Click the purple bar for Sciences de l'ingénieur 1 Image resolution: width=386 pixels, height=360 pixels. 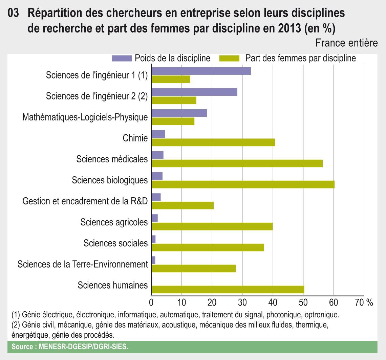201,71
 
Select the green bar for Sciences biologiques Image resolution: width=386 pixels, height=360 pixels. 243,184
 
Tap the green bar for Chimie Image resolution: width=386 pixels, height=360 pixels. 213,142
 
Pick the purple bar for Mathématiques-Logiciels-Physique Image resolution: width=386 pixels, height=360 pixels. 179,113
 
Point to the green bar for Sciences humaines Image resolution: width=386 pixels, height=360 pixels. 228,290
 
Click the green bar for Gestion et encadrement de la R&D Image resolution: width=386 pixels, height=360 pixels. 183,205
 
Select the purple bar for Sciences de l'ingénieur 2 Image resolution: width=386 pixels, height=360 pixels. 194,92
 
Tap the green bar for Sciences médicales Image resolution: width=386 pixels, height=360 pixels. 237,163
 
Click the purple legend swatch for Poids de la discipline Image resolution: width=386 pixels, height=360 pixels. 122,58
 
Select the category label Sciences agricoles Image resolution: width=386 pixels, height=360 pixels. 114,222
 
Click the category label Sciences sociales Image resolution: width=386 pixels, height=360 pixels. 115,243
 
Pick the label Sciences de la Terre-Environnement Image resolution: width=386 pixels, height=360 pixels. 83,264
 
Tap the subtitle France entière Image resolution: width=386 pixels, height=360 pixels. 346,43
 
